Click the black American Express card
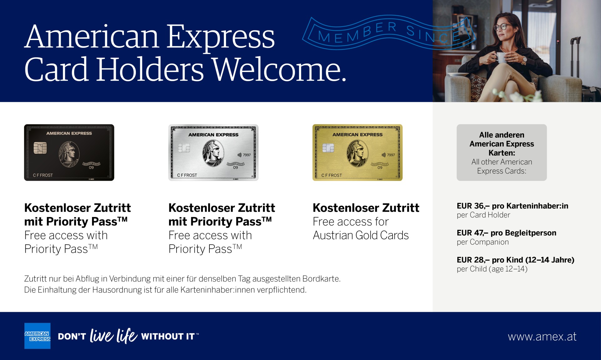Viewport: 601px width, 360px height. pyautogui.click(x=69, y=153)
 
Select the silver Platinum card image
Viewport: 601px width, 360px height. pyautogui.click(x=213, y=153)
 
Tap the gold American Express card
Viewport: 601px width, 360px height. pyautogui.click(x=357, y=153)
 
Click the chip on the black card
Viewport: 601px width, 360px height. pyautogui.click(x=40, y=148)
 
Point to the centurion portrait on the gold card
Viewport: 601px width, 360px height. pyautogui.click(x=357, y=153)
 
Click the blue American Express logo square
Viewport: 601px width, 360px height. pyautogui.click(x=38, y=336)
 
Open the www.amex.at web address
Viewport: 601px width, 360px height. pyautogui.click(x=542, y=337)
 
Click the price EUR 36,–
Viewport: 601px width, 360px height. pyautogui.click(x=473, y=206)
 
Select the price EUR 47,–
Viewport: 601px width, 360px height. pyautogui.click(x=472, y=233)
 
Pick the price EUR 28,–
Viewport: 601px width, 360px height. pyautogui.click(x=473, y=260)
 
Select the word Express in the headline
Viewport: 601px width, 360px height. pyautogui.click(x=220, y=38)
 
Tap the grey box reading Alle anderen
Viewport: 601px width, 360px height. pyautogui.click(x=502, y=153)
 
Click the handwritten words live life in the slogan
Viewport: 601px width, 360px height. pyautogui.click(x=114, y=336)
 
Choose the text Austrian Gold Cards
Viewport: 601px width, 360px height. pyautogui.click(x=361, y=235)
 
